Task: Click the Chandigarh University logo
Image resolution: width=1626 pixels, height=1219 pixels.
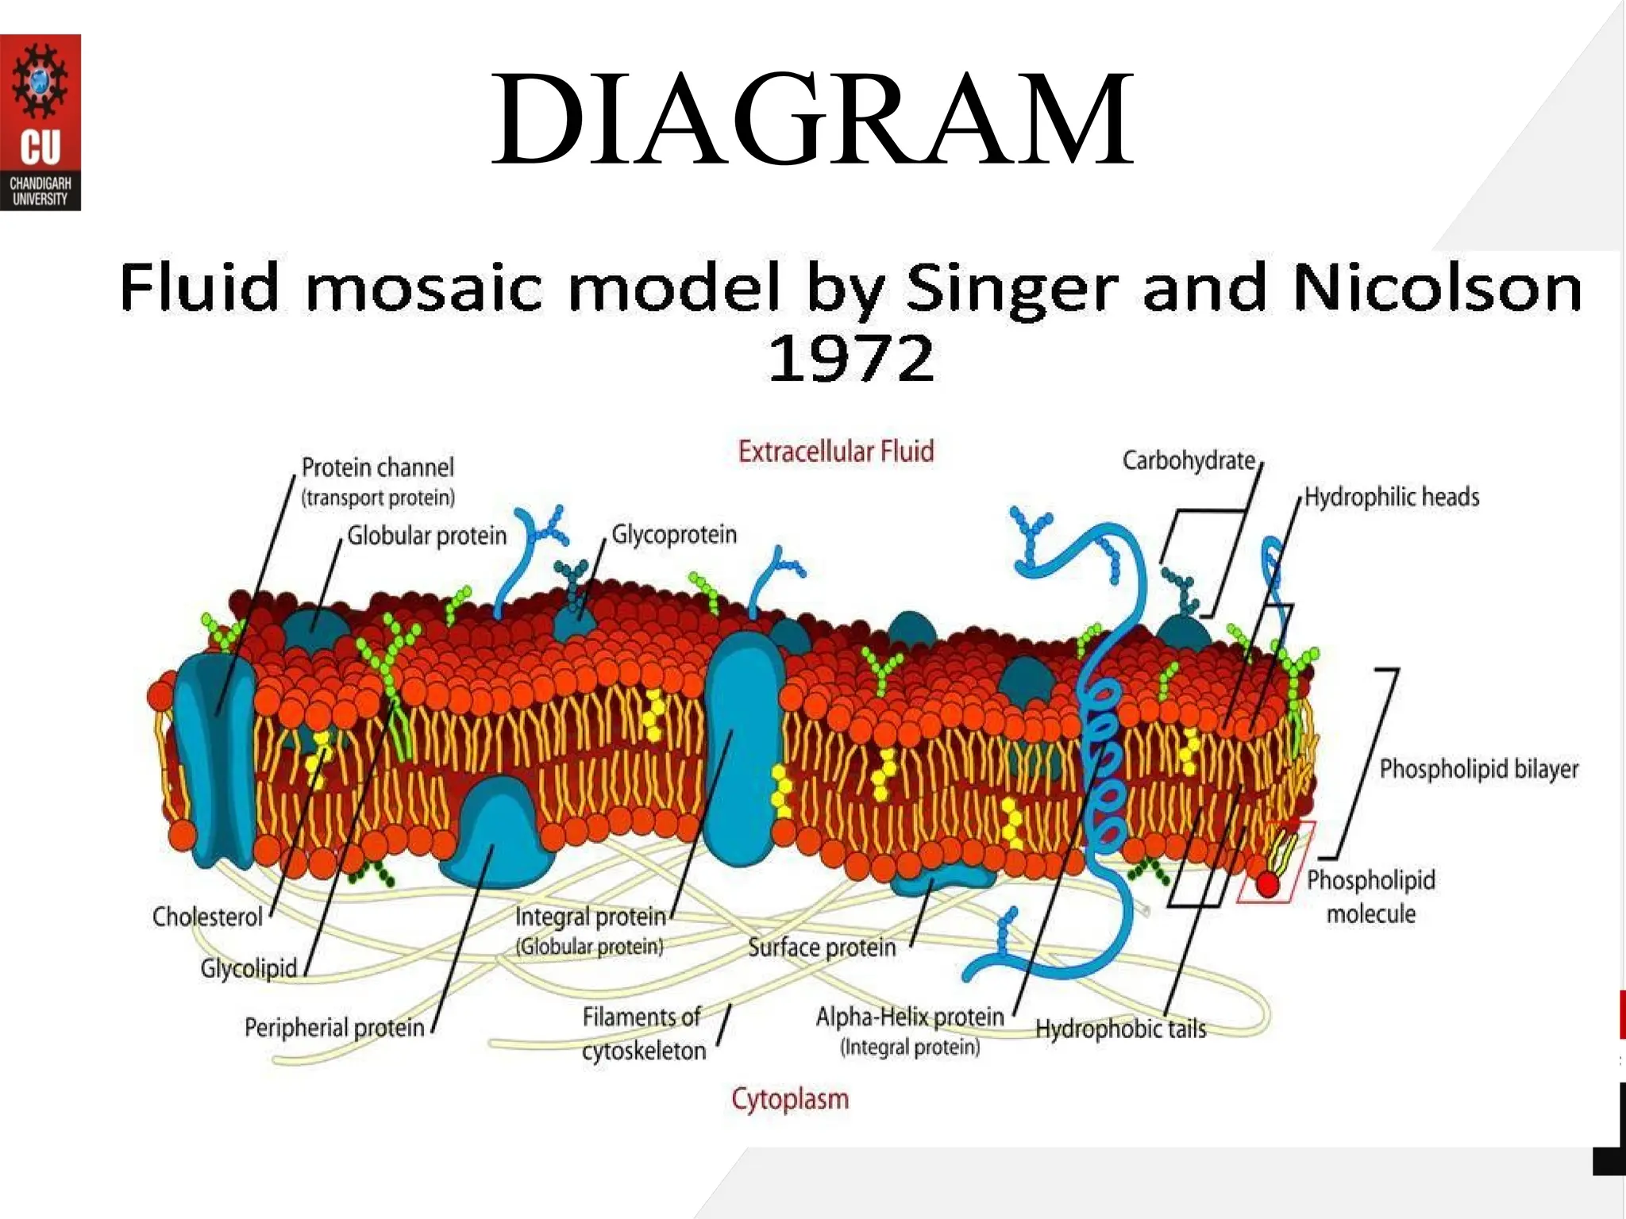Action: (40, 122)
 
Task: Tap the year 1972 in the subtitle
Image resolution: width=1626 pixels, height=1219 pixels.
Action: (851, 359)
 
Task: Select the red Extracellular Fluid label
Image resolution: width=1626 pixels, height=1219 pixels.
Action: (836, 452)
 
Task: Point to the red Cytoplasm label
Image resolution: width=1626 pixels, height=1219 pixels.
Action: (790, 1099)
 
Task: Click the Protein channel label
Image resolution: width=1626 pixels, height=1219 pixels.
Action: (378, 467)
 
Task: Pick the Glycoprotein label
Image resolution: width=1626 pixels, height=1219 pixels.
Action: (674, 534)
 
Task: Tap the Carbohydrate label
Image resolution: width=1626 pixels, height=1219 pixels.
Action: (1189, 460)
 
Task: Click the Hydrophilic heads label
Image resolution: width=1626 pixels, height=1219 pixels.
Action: (1392, 497)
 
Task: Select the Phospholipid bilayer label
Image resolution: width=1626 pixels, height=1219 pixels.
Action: (1479, 768)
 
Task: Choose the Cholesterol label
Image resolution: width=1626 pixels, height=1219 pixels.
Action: (207, 917)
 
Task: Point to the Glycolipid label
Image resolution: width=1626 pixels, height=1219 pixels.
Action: (249, 968)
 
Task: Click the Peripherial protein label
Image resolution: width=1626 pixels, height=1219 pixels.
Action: (334, 1028)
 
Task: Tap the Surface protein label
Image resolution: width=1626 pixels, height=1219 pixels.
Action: (822, 947)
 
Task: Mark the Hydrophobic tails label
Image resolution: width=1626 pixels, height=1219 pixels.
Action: (1120, 1029)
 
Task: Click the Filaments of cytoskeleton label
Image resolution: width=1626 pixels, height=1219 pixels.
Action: (643, 1033)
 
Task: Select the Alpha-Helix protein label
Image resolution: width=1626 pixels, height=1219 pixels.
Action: (910, 1017)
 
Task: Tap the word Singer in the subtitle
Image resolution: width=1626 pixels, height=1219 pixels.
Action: (1012, 287)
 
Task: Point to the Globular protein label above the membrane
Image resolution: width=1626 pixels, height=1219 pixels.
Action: (427, 536)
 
